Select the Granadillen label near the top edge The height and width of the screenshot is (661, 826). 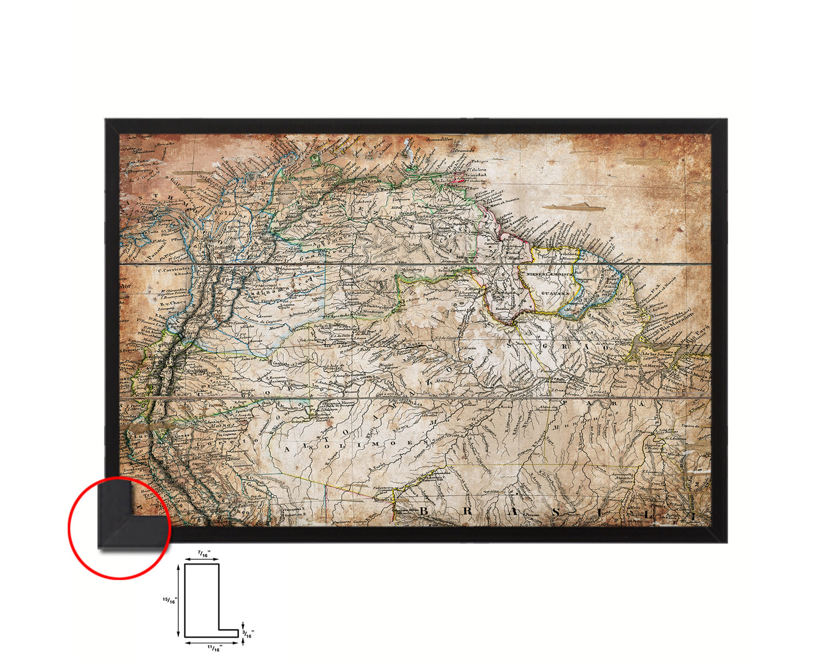pos(441,140)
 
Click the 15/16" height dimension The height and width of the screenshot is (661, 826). pos(170,600)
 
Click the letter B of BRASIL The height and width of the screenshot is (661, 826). pos(424,511)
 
